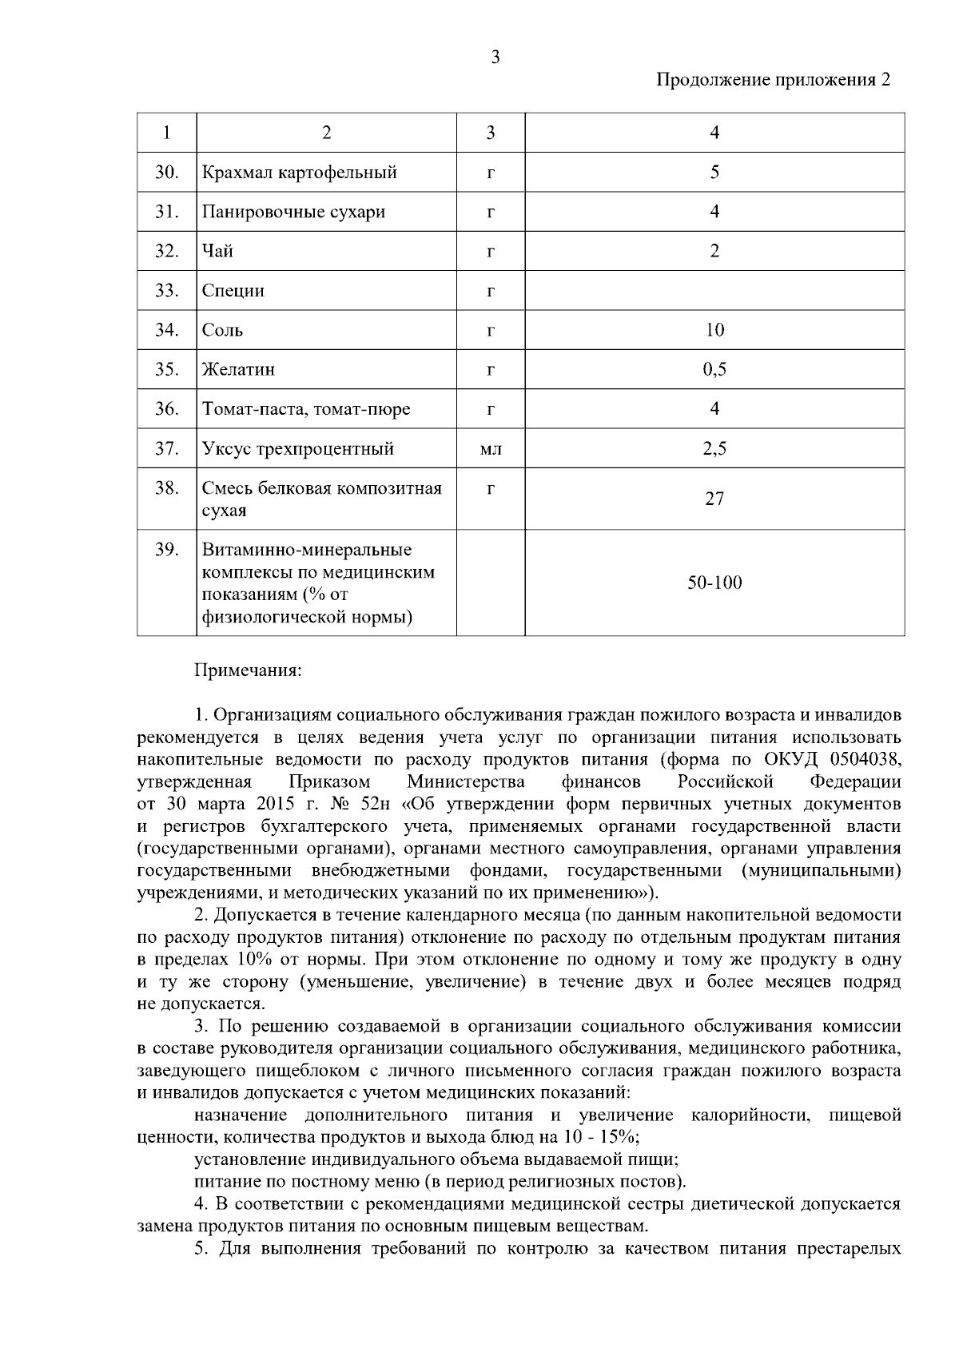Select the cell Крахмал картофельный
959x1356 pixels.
click(x=300, y=173)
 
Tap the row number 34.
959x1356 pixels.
click(x=166, y=330)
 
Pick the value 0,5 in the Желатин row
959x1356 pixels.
click(x=714, y=369)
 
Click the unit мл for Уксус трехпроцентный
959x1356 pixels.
click(x=490, y=449)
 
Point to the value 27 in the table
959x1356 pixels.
click(x=714, y=499)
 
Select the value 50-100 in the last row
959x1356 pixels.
click(x=714, y=583)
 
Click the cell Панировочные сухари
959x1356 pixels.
click(x=293, y=212)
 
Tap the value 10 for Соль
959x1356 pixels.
click(x=714, y=330)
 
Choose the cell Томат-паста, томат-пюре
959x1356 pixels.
click(x=306, y=409)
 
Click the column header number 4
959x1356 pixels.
click(x=714, y=133)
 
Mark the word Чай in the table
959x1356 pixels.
click(x=217, y=251)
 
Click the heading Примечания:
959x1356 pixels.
click(x=249, y=670)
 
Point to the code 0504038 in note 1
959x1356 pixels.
click(x=865, y=758)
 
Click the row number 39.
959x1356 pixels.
click(x=166, y=550)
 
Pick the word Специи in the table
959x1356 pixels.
click(x=233, y=291)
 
